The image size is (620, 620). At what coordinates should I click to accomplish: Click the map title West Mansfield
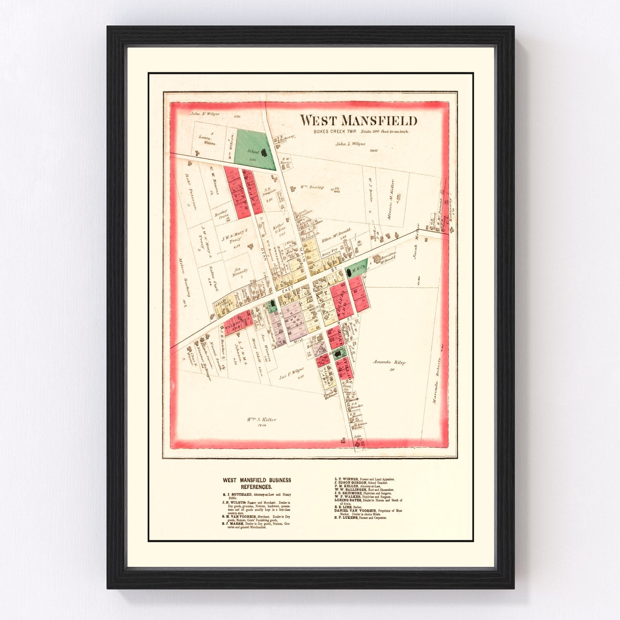tap(358, 120)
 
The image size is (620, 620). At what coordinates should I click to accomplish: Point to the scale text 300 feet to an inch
tap(384, 132)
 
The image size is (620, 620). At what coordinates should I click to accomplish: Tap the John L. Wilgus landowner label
tap(350, 144)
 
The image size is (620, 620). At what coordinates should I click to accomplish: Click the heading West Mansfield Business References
tap(257, 484)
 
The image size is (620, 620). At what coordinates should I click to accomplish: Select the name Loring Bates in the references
tap(347, 500)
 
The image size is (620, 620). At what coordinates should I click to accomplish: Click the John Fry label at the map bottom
tap(358, 438)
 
